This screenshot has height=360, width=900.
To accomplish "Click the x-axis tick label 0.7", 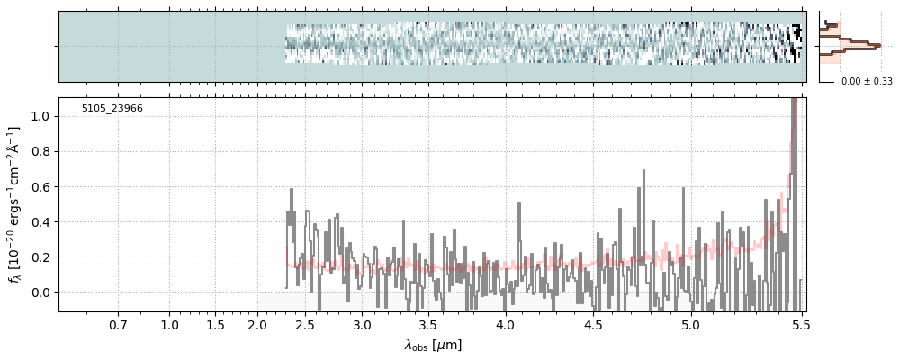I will tap(118, 324).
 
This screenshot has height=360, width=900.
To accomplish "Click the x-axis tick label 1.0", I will tap(169, 324).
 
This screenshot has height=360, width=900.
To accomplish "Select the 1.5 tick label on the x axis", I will tap(215, 324).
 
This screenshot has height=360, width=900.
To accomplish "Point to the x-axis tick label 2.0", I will tap(258, 324).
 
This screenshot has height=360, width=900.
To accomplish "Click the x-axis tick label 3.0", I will tap(362, 324).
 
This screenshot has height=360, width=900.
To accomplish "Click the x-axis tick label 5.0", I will tap(690, 324).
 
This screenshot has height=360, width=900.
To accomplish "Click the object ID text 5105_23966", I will tap(112, 109).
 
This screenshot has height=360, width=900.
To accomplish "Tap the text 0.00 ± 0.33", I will tap(867, 82).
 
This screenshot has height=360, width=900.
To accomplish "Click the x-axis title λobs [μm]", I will tap(433, 345).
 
